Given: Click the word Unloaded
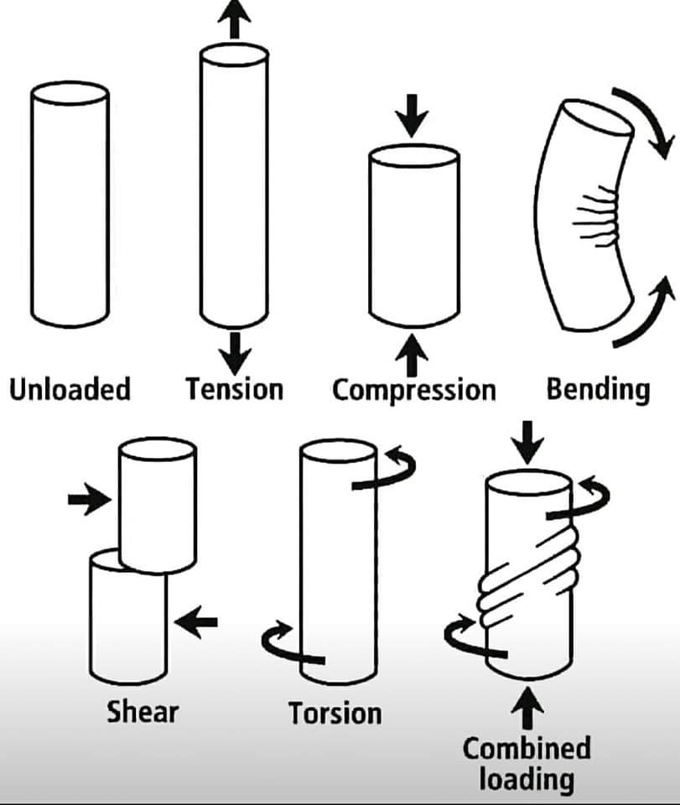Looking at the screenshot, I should (x=70, y=390).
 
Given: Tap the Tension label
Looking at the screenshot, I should (x=234, y=389).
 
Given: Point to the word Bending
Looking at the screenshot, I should (x=598, y=390).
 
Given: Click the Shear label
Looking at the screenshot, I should (x=143, y=712).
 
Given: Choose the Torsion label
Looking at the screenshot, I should (x=335, y=714).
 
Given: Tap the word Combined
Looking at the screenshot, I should (x=527, y=747).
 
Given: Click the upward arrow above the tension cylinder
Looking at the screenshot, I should (x=234, y=18).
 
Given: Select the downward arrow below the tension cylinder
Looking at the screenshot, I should (x=234, y=352).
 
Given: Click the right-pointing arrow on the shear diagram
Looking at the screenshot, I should (x=89, y=501).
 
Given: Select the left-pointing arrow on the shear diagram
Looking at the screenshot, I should (x=196, y=622).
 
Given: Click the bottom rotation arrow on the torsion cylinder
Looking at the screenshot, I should (x=289, y=646).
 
